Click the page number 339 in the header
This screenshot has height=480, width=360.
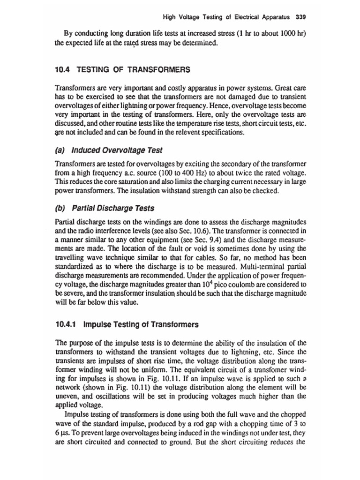click(300, 18)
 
